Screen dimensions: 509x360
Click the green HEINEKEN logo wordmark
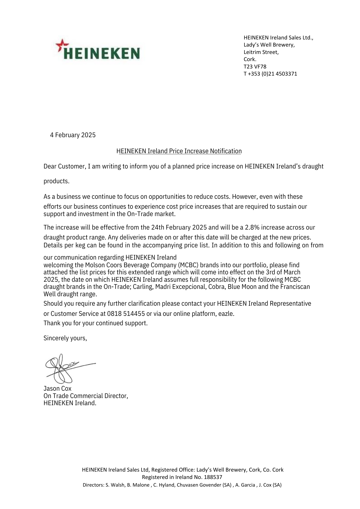coord(102,53)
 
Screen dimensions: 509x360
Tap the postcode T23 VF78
coord(255,67)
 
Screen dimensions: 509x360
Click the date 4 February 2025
coord(73,135)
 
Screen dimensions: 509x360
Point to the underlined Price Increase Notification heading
coord(179,151)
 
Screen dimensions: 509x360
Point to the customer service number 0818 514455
coord(126,314)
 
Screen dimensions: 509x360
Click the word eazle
coord(226,314)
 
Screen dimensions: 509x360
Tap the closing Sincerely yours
coord(65,338)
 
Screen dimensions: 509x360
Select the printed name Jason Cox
coord(58,388)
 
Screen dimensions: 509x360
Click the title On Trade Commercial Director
coord(86,396)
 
